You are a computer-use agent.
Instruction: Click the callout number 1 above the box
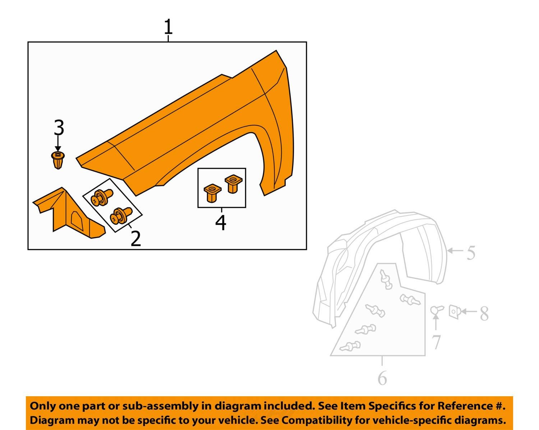[x=168, y=27]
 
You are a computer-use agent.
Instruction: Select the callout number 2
[x=135, y=238]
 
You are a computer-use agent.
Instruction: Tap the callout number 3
[x=59, y=128]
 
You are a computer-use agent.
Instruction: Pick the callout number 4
[x=221, y=223]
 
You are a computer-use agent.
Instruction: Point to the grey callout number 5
[x=471, y=253]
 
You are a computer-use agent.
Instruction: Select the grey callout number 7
[x=436, y=342]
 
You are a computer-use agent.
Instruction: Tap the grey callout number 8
[x=484, y=314]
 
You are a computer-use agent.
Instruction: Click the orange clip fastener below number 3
[x=57, y=160]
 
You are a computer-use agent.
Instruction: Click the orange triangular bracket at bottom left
[x=68, y=214]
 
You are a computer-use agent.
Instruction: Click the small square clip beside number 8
[x=455, y=311]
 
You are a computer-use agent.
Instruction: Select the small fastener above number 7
[x=437, y=310]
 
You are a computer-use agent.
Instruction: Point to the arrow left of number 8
[x=469, y=311]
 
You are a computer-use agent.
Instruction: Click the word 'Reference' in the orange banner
[x=464, y=406]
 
